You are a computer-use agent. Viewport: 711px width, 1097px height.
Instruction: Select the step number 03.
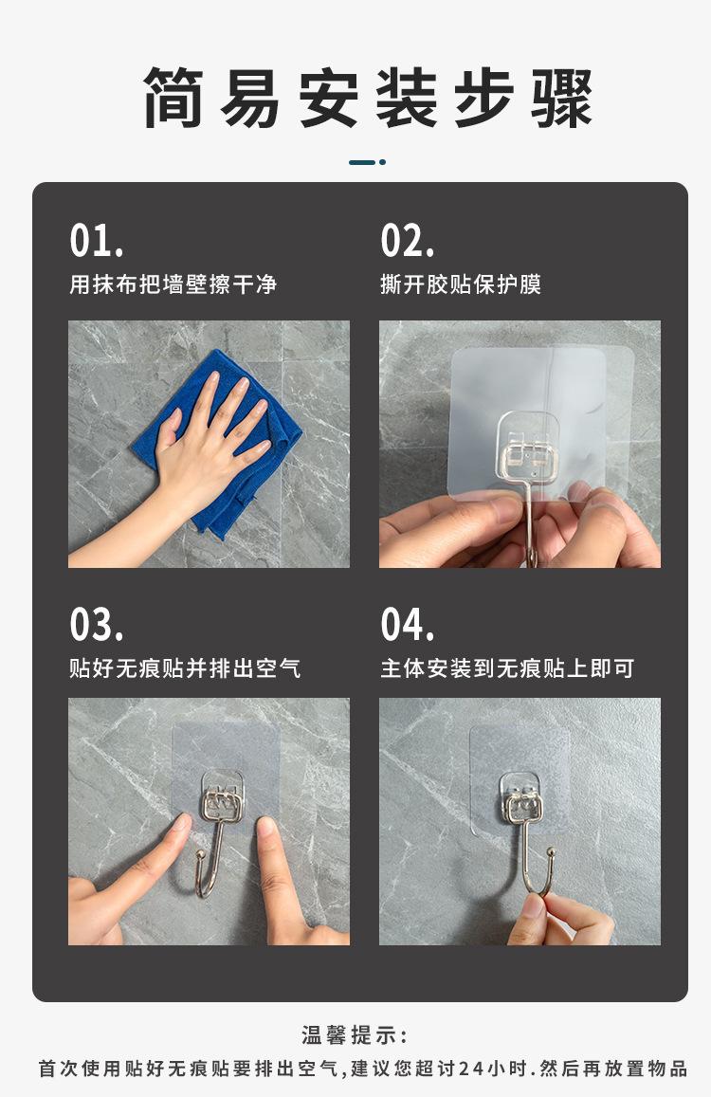click(x=97, y=624)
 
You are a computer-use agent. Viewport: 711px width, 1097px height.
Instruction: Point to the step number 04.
click(x=408, y=624)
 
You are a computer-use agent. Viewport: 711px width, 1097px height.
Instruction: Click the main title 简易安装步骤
click(x=368, y=98)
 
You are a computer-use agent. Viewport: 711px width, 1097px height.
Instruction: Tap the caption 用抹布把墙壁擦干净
click(x=173, y=284)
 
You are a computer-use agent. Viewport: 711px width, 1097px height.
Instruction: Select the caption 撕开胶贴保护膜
click(x=461, y=284)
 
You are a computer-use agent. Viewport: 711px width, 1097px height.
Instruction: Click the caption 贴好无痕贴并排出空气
click(x=185, y=668)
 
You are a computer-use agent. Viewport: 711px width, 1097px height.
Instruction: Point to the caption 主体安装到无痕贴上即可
click(x=507, y=668)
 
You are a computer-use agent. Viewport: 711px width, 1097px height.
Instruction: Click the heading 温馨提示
click(x=355, y=1034)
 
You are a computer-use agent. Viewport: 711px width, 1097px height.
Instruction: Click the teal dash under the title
click(x=368, y=162)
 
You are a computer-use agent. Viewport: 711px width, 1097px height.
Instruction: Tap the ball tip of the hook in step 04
click(x=551, y=852)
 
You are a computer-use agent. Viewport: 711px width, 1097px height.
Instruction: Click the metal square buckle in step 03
click(x=222, y=805)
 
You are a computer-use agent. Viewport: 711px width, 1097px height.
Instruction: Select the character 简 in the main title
click(x=173, y=98)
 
